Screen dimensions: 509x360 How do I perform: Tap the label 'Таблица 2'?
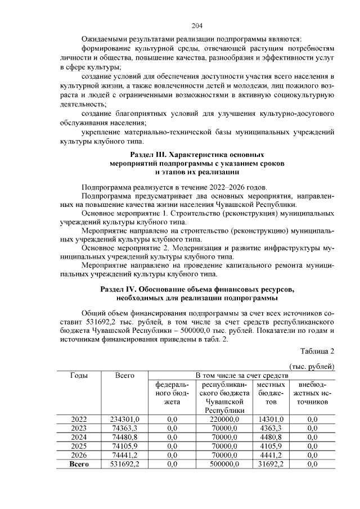[x=317, y=351]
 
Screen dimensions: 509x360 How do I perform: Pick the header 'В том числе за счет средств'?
[x=241, y=375]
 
